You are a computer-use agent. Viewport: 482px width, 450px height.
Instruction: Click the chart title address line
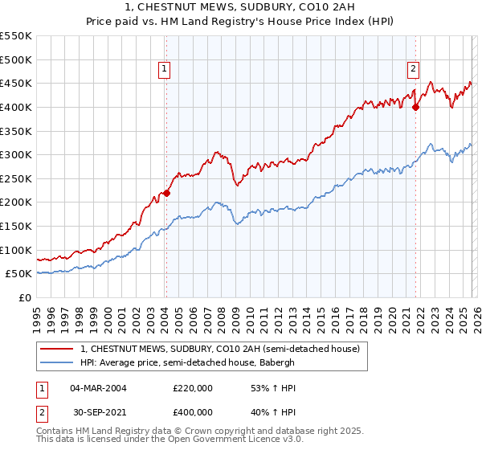click(x=241, y=7)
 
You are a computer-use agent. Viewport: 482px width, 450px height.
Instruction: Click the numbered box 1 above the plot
click(x=164, y=70)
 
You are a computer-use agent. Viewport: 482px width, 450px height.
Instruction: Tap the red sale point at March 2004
click(x=166, y=193)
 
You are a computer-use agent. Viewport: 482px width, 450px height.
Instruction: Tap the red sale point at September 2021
click(x=416, y=107)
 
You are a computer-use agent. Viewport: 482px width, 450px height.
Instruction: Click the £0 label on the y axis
click(x=25, y=297)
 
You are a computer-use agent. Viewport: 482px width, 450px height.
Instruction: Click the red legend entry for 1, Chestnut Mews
click(x=224, y=349)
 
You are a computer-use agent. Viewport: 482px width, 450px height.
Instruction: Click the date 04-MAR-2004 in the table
click(x=98, y=387)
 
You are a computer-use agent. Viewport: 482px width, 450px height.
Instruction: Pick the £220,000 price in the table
click(x=193, y=387)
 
